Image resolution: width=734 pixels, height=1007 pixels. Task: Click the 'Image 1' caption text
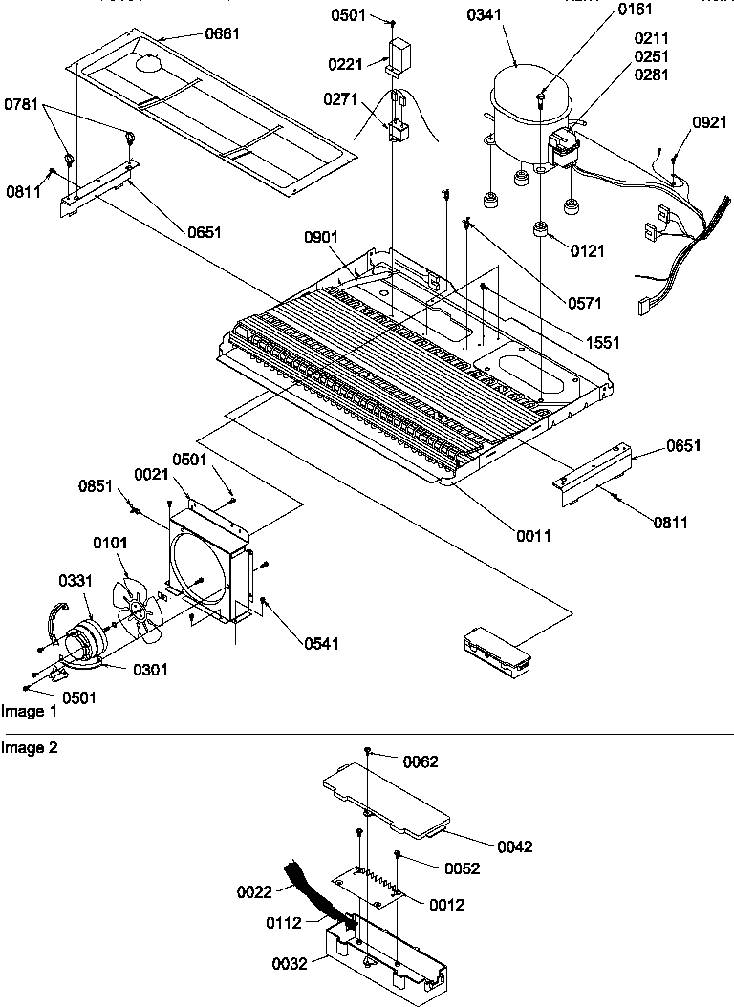(30, 711)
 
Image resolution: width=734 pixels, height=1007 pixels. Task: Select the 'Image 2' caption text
(30, 748)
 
